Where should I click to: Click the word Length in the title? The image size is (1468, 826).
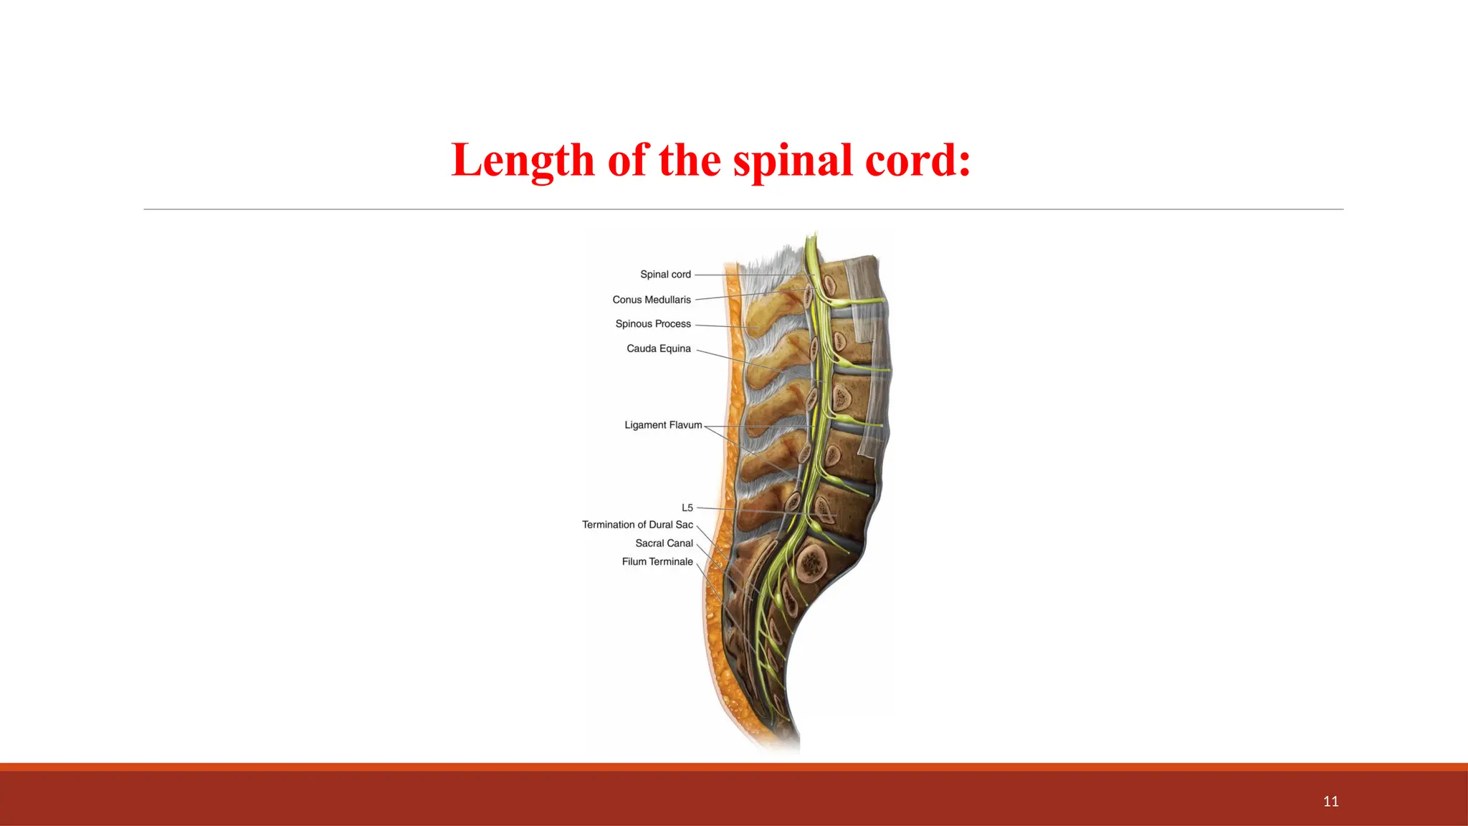click(x=523, y=160)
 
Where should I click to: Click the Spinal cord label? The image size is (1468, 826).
click(x=665, y=275)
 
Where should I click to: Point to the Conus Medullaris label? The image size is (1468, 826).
click(x=652, y=300)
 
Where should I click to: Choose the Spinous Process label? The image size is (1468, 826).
click(x=653, y=324)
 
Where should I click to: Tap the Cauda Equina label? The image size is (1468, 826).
click(x=659, y=348)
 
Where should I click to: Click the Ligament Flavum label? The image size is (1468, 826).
click(x=663, y=425)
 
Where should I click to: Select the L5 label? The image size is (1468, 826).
click(x=687, y=508)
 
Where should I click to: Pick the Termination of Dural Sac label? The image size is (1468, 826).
click(x=637, y=525)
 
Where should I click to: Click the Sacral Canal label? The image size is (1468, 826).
click(x=664, y=543)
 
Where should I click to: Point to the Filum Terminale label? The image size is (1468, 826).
click(x=657, y=561)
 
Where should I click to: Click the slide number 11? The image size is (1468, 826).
click(x=1330, y=802)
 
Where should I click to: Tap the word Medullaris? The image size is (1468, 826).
click(x=667, y=300)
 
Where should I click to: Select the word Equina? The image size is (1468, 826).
click(x=675, y=348)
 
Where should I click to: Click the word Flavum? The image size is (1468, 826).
click(x=686, y=425)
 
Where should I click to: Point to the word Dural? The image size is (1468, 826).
click(x=661, y=525)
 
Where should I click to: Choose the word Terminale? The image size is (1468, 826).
click(x=672, y=561)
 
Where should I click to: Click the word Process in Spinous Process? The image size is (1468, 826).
click(x=673, y=324)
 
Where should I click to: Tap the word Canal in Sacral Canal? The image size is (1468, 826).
click(x=680, y=543)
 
